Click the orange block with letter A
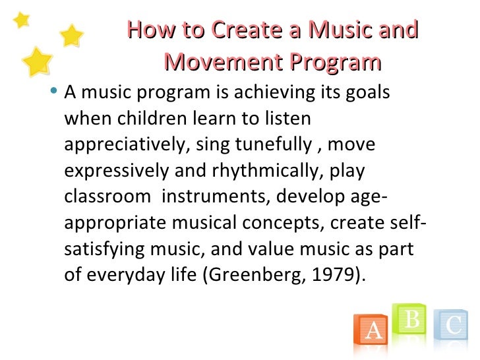[373, 329]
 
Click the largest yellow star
[37, 62]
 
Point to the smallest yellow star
[22, 20]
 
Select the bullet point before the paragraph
[53, 93]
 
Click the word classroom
[109, 196]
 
